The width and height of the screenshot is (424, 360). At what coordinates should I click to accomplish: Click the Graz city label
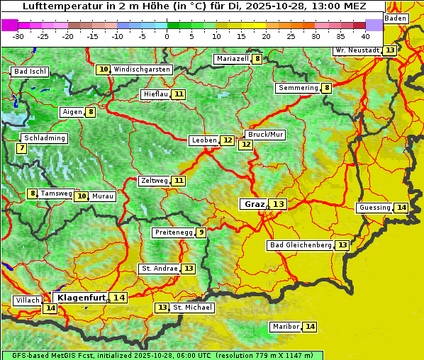(x=254, y=204)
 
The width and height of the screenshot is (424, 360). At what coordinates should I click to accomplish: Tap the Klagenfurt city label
(x=82, y=298)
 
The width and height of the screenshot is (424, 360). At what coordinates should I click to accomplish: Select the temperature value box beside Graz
(x=279, y=204)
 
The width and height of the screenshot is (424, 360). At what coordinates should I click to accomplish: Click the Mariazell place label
(x=232, y=59)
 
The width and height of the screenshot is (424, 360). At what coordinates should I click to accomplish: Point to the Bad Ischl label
(x=30, y=72)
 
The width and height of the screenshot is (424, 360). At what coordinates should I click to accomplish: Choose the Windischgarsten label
(x=142, y=69)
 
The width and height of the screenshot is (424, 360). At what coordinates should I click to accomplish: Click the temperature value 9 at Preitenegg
(x=201, y=232)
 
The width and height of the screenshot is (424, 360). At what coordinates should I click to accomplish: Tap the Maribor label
(x=285, y=327)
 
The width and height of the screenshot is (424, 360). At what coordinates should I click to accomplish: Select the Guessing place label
(x=374, y=208)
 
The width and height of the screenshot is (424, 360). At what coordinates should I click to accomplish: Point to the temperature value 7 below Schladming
(x=21, y=148)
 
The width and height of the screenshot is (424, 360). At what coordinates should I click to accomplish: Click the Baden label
(x=396, y=18)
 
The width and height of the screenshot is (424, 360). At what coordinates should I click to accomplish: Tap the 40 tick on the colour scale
(x=365, y=35)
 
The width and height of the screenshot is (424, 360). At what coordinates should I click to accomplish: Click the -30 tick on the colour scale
(x=18, y=35)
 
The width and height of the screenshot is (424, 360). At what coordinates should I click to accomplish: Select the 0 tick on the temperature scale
(x=167, y=35)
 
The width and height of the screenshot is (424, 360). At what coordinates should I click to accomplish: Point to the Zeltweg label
(x=154, y=181)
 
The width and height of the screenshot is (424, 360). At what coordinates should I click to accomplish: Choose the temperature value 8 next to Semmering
(x=326, y=88)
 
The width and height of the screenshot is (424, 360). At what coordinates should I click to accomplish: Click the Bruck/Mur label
(x=265, y=134)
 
